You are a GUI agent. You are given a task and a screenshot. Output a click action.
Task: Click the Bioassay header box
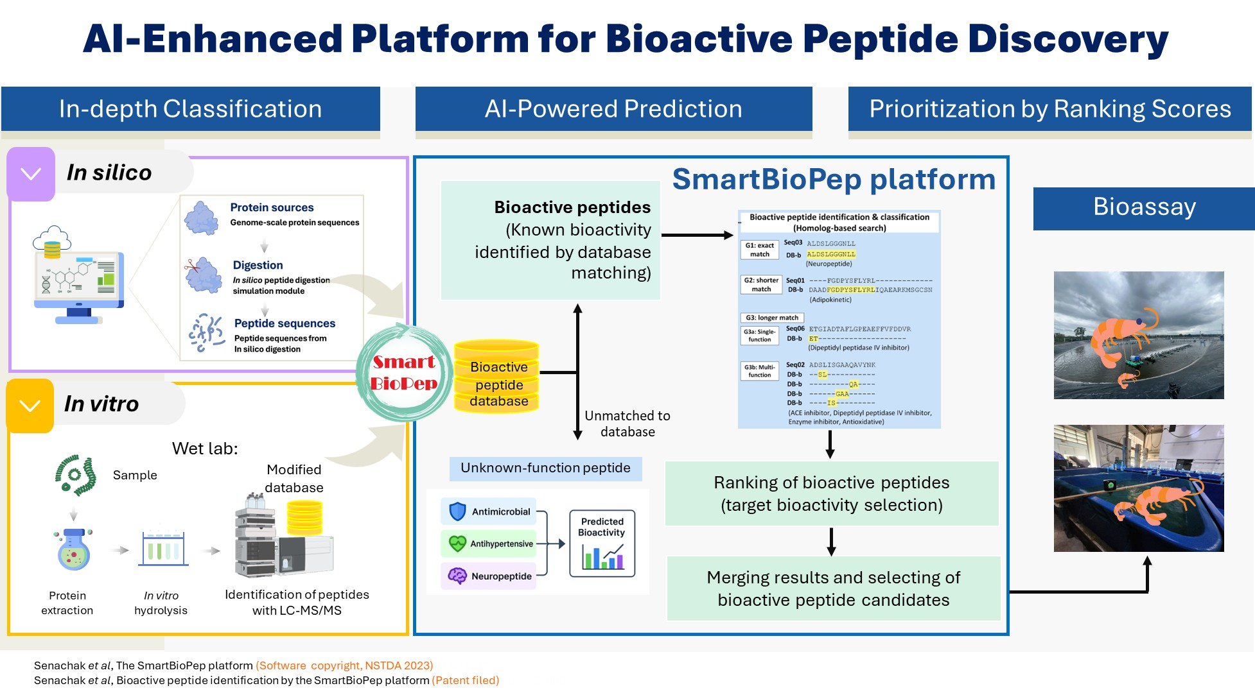coord(1144,208)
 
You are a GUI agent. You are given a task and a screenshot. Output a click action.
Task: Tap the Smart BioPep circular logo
coord(405,373)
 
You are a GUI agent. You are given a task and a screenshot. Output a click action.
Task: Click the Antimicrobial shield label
coord(489,511)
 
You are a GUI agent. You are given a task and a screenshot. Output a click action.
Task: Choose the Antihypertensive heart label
coord(489,544)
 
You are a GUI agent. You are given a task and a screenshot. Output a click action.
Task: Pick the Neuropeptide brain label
coord(489,576)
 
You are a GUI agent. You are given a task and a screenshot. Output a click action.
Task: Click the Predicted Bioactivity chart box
coord(602,544)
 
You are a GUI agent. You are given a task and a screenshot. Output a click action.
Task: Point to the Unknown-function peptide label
coord(545,468)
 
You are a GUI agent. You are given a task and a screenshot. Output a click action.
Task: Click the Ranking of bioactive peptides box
coord(832,493)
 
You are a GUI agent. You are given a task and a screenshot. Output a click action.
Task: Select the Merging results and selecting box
coord(834,588)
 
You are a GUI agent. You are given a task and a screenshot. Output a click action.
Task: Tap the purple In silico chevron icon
coord(31,174)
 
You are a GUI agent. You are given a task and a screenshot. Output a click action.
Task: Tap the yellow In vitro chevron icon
coord(30,406)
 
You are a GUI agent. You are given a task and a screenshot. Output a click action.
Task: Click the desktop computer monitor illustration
coord(78,282)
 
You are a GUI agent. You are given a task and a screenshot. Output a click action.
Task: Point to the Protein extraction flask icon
coord(74,551)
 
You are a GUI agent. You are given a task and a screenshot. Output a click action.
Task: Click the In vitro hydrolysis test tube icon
coord(162,549)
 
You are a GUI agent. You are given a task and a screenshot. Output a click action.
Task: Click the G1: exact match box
coord(760,250)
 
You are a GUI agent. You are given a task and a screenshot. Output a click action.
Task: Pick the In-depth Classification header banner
coord(190,109)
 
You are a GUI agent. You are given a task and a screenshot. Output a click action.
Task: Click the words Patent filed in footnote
coord(466,680)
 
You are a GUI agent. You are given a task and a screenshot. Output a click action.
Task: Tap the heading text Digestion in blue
coord(258,265)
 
